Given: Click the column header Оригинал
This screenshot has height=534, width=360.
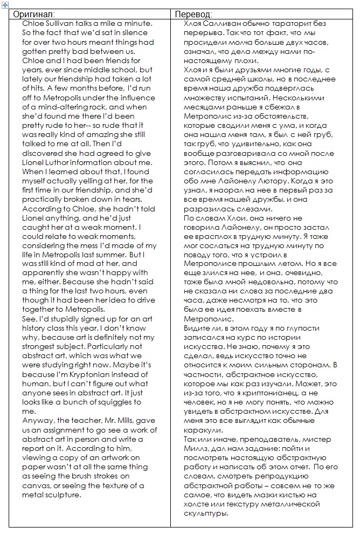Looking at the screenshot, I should pyautogui.click(x=34, y=14).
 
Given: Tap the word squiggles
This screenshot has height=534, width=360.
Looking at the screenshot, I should pyautogui.click(x=110, y=402).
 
